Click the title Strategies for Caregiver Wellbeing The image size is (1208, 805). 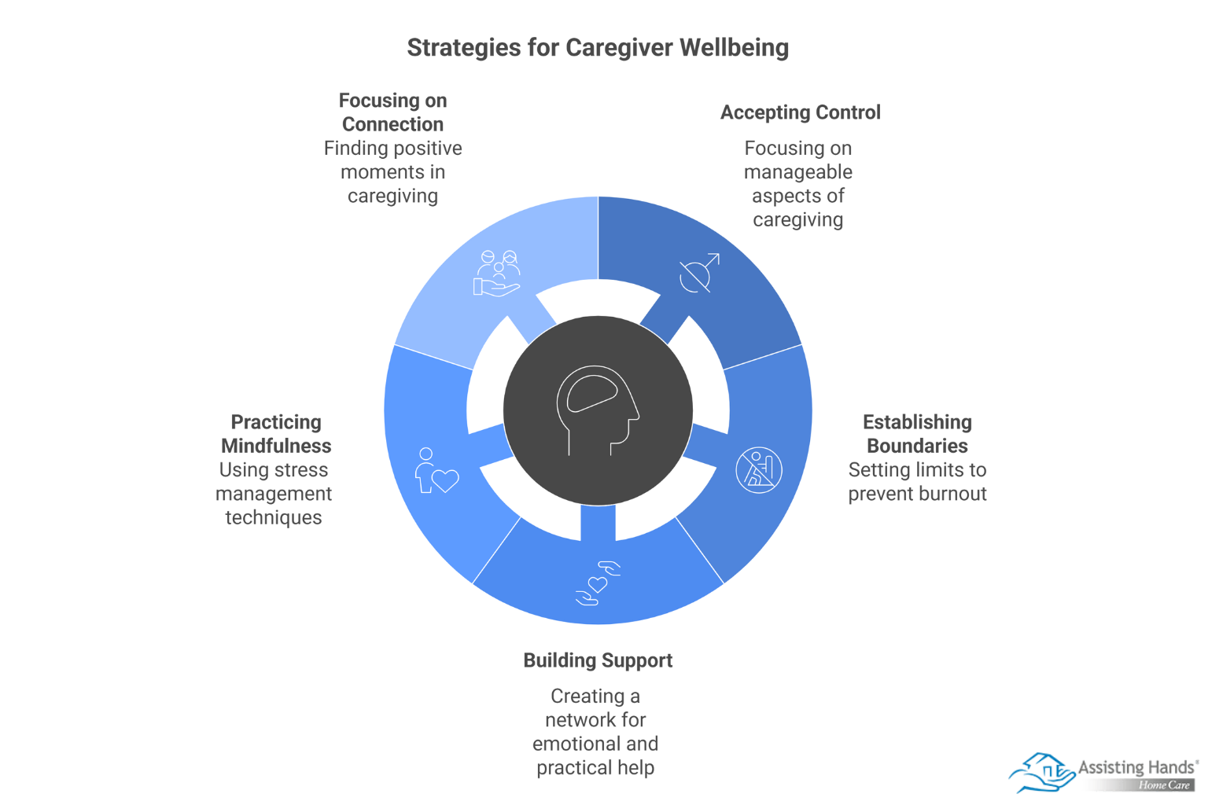pos(598,48)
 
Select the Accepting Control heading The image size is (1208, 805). pos(800,112)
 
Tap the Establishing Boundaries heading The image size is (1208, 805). pos(917,434)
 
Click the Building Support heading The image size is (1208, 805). pos(598,660)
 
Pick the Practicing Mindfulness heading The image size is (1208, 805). pos(276,434)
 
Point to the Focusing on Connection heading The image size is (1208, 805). pos(392,112)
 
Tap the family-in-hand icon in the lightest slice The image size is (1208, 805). pos(497,274)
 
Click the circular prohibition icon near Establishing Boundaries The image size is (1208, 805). pos(759,470)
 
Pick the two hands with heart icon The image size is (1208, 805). pos(598,583)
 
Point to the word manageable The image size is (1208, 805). pos(797,172)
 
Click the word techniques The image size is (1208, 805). pos(274,517)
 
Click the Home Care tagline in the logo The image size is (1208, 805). pos(1164,785)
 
